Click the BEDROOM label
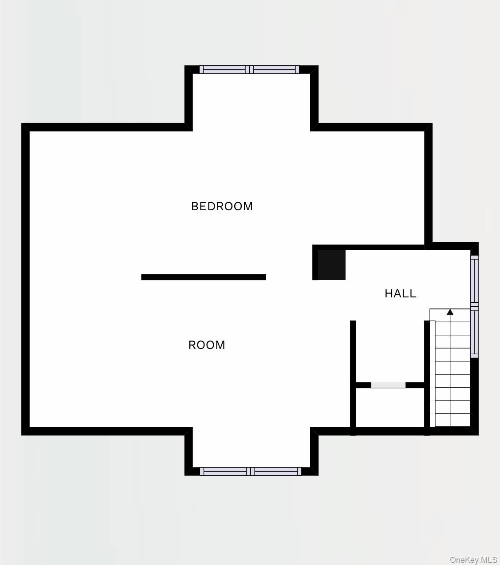[222, 207]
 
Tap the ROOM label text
[207, 345]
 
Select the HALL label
[400, 294]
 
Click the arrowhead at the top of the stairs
[450, 312]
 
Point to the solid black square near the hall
[332, 265]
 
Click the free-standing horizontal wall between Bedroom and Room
[204, 277]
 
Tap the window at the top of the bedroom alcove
[249, 69]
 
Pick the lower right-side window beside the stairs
[475, 332]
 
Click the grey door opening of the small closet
[388, 385]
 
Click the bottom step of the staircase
[453, 420]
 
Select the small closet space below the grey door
[390, 407]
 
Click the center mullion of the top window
[249, 69]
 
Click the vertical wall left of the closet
[353, 378]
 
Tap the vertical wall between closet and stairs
[427, 378]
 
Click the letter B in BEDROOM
[195, 207]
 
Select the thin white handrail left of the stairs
[432, 374]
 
